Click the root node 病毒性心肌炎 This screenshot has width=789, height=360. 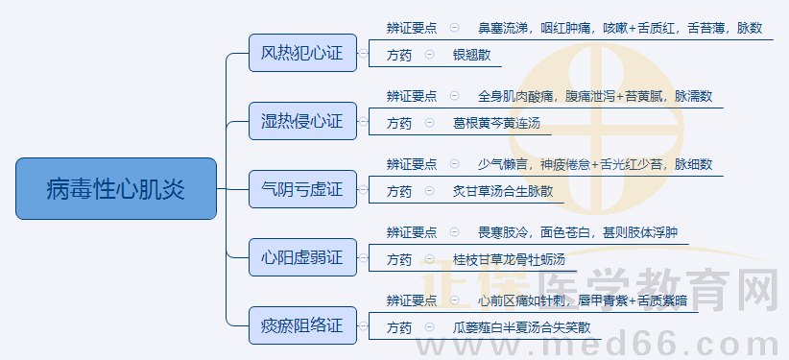pos(116,188)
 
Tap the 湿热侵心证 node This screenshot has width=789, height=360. pos(302,121)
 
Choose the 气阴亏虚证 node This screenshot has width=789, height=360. pos(302,189)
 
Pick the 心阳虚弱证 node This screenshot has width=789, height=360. pos(302,257)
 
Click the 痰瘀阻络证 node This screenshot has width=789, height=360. pos(302,325)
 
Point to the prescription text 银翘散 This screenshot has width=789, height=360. pos(471,56)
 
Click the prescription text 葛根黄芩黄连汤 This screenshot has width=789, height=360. pos(496,124)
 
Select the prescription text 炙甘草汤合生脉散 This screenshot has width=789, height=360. pos(502,192)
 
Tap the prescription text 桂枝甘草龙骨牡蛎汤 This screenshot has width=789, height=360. pos(509,260)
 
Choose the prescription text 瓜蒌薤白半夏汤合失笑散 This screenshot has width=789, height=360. pos(521,328)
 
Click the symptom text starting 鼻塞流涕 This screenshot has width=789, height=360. pos(619,28)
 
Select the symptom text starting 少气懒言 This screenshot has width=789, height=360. pos(595,164)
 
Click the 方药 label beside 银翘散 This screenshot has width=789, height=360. pos(399,56)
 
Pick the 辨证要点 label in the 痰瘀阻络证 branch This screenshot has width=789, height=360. pos(411,300)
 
